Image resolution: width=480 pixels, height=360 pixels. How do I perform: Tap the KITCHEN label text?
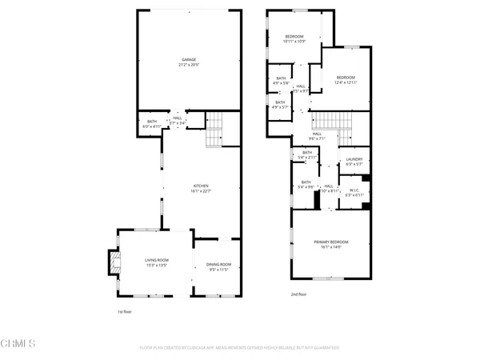click(189, 187)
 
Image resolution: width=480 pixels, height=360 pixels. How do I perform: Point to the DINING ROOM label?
click(218, 266)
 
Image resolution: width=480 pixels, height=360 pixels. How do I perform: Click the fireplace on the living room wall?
click(112, 263)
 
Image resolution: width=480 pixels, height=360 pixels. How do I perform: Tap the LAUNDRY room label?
click(354, 162)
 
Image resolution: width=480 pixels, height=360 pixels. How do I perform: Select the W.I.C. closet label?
click(354, 192)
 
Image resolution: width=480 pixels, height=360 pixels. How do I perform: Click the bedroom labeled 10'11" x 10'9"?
click(294, 39)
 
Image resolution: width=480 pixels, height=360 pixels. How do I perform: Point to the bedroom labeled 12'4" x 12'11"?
click(346, 78)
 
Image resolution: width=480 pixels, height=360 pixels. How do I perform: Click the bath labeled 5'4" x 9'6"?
click(306, 185)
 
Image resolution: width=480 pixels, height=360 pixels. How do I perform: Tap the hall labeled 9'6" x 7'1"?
click(317, 135)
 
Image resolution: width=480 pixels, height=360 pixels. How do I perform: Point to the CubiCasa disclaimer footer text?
click(239, 348)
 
